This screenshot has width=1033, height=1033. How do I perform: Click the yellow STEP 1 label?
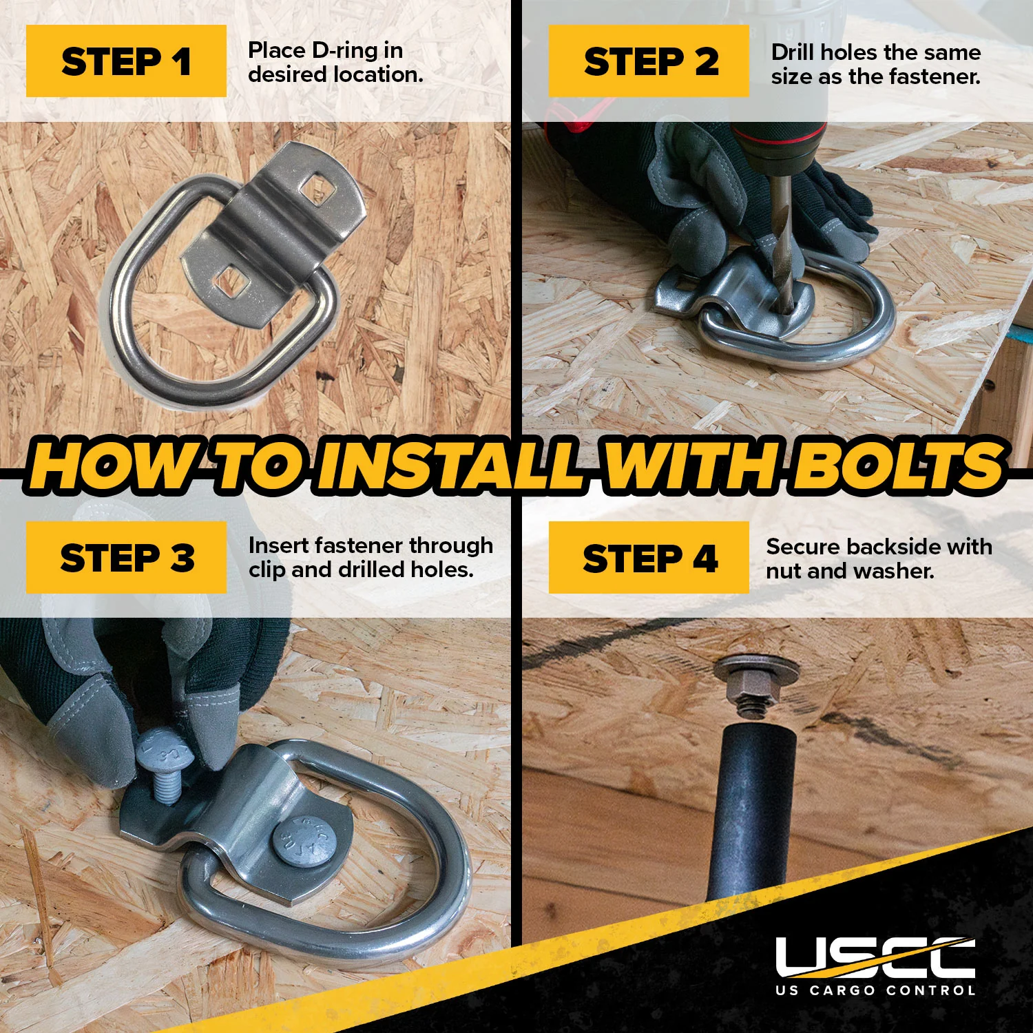(x=126, y=61)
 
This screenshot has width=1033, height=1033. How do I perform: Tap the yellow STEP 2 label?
(x=649, y=61)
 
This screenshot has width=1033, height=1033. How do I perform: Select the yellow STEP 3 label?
(x=126, y=557)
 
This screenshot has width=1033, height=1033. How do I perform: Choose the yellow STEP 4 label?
(x=649, y=557)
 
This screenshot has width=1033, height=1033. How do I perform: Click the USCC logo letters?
(x=875, y=957)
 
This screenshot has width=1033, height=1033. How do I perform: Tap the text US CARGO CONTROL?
(x=875, y=990)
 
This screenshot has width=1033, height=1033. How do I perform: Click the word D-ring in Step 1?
(x=345, y=50)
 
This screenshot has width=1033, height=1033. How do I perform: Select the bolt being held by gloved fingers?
(x=163, y=764)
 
